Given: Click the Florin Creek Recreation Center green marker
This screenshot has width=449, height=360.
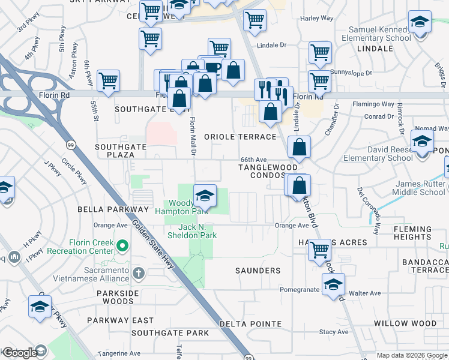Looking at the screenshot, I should [x=123, y=245].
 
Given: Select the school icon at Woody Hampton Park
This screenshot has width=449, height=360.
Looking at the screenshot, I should [x=205, y=194].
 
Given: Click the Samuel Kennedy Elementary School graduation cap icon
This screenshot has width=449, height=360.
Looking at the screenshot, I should [x=420, y=22].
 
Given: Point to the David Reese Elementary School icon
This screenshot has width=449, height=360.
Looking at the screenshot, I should [x=422, y=142].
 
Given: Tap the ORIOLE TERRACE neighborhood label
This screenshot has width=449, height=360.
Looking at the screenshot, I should [x=240, y=137].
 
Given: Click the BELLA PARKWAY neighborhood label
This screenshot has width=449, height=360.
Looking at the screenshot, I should [x=113, y=209].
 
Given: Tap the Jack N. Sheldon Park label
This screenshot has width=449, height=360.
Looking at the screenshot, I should [x=197, y=231].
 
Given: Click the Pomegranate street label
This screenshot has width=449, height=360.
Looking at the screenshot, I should [x=300, y=289].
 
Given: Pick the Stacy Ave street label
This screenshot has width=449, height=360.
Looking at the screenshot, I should [x=334, y=332].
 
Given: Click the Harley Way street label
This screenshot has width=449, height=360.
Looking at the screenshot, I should [x=317, y=19].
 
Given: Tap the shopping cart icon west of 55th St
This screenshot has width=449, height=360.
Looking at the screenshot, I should [x=108, y=80].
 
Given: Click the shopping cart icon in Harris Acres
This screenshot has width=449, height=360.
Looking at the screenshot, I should [x=319, y=249].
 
